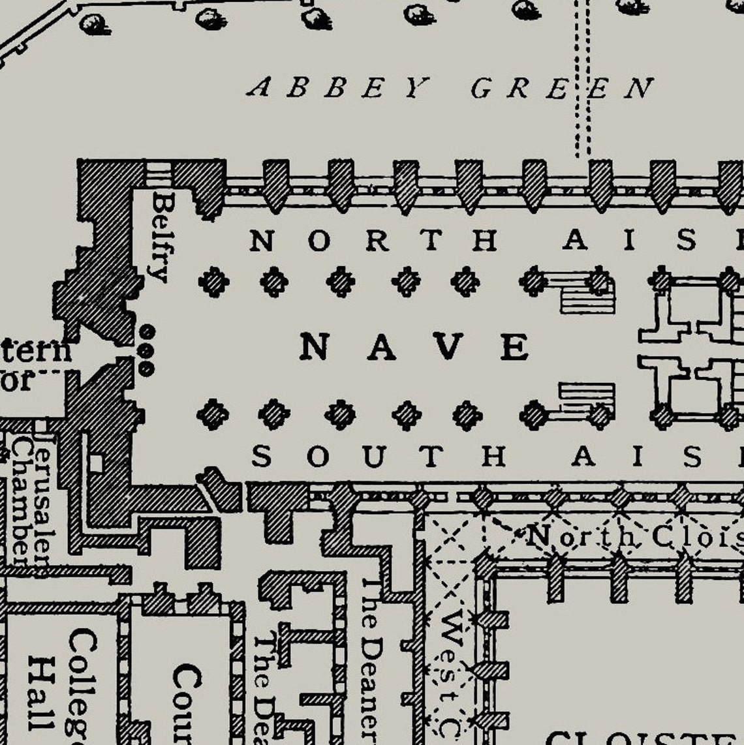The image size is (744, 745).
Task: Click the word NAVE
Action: pyautogui.click(x=414, y=346)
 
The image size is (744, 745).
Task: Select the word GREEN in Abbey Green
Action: pyautogui.click(x=562, y=88)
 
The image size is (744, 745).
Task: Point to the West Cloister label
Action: pyautogui.click(x=450, y=672)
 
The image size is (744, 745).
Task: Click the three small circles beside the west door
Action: pyautogui.click(x=146, y=351)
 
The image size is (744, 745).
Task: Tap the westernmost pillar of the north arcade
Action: pyautogui.click(x=213, y=282)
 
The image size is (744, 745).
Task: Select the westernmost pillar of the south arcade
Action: pyautogui.click(x=213, y=414)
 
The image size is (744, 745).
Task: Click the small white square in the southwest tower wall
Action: pyautogui.click(x=96, y=463)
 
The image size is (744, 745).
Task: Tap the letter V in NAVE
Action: pyautogui.click(x=448, y=346)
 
